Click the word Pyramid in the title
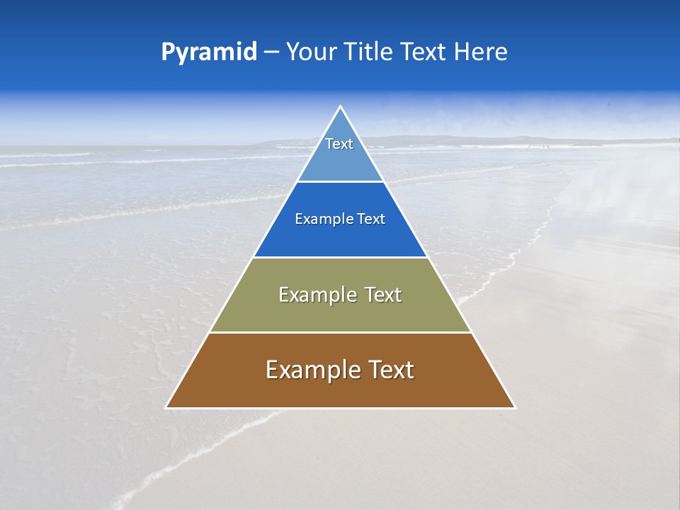[x=209, y=52]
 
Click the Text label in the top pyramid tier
[x=339, y=144]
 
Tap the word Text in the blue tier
[x=372, y=220]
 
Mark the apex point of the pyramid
[x=341, y=107]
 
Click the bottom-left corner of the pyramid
[x=166, y=407]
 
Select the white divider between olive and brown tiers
[x=340, y=332]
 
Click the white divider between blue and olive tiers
[x=340, y=257]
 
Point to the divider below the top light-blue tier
[x=340, y=181]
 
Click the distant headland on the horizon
[x=439, y=140]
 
